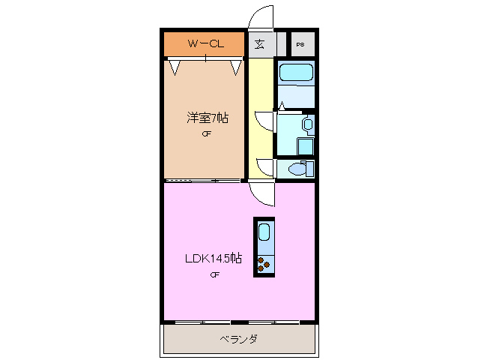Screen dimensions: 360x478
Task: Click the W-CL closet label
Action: click(205, 43)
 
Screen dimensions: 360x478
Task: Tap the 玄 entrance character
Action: click(258, 43)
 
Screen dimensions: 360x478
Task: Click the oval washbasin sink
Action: click(308, 124)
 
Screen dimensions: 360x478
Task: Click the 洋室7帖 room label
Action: click(208, 118)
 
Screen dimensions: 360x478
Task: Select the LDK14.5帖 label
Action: click(214, 258)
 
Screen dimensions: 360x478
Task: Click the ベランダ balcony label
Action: click(238, 339)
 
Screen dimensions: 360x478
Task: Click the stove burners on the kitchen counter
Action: click(264, 263)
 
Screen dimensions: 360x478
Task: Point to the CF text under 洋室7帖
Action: click(206, 135)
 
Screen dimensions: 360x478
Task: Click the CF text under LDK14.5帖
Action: click(214, 274)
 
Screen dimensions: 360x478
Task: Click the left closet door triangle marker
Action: click(175, 68)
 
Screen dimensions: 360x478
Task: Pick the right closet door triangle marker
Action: click(236, 68)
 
